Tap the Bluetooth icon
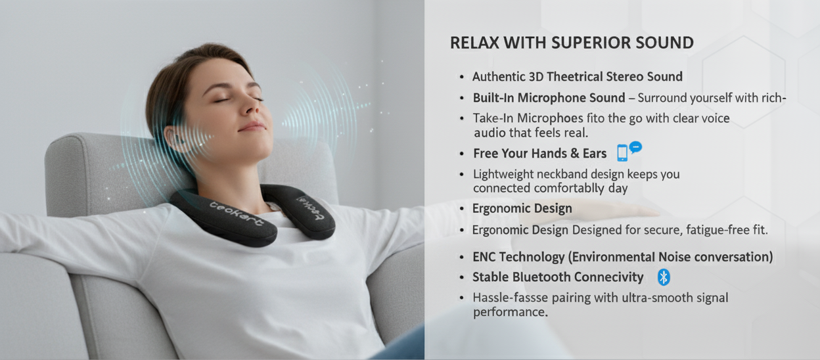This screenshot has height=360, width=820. click(x=664, y=277)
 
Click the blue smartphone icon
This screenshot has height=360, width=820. click(x=622, y=153)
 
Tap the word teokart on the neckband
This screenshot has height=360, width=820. click(x=236, y=214)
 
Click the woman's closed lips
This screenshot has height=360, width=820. click(x=252, y=127)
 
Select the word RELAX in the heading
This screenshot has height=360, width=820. click(x=474, y=43)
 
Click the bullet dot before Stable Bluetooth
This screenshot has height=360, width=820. click(x=462, y=278)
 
